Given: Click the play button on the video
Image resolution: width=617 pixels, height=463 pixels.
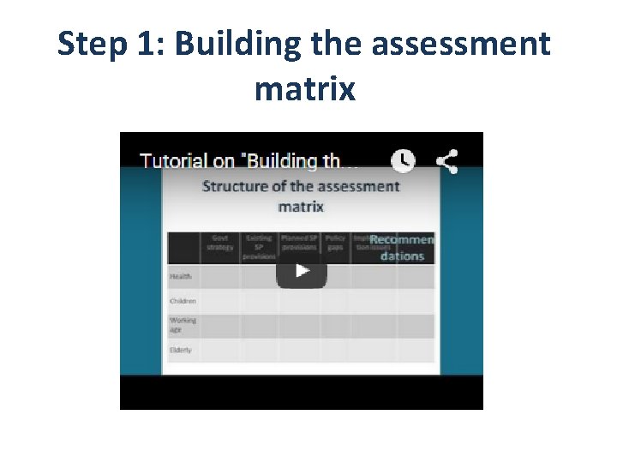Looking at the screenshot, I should pyautogui.click(x=301, y=270).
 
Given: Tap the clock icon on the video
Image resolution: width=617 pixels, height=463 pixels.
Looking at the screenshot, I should pyautogui.click(x=403, y=160).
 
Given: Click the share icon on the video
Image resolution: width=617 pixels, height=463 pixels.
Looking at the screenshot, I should pyautogui.click(x=446, y=160).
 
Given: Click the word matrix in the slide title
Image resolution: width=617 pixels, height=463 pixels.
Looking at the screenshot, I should pyautogui.click(x=304, y=87).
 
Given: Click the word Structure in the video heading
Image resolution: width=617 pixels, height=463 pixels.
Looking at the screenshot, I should pyautogui.click(x=237, y=186).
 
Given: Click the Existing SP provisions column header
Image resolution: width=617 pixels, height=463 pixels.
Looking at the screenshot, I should pyautogui.click(x=259, y=247).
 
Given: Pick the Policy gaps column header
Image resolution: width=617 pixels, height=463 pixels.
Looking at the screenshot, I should pyautogui.click(x=335, y=243).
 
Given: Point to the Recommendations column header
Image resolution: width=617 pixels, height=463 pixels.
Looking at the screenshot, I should pyautogui.click(x=402, y=247).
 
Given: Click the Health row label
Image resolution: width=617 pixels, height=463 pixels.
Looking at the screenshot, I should pyautogui.click(x=181, y=276).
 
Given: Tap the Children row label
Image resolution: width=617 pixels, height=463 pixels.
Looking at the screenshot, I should pyautogui.click(x=183, y=301).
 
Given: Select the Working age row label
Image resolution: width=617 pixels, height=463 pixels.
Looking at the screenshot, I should pyautogui.click(x=183, y=325).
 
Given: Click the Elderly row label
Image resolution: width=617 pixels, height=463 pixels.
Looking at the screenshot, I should pyautogui.click(x=182, y=350).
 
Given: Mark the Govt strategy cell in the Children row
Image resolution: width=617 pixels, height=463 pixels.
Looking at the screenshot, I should pyautogui.click(x=220, y=301).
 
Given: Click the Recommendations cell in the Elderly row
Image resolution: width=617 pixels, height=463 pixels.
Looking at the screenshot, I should pyautogui.click(x=416, y=350).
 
